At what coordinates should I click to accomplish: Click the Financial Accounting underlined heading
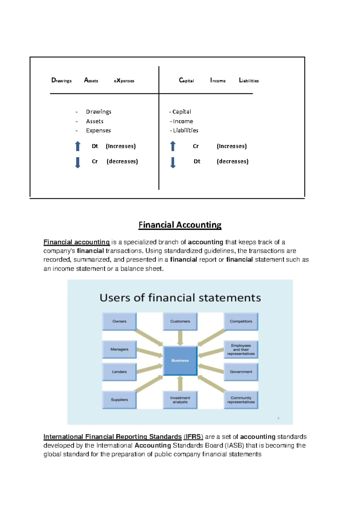180,225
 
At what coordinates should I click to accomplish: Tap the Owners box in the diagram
119,321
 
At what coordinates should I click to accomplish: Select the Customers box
180,321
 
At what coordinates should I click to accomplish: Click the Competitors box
241,321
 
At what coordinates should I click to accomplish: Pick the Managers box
119,349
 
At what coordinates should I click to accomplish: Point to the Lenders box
119,372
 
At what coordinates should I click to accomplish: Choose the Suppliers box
119,400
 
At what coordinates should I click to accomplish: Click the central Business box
180,360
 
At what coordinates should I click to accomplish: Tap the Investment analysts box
180,400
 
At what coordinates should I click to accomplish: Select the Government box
241,372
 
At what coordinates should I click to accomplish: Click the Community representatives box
241,400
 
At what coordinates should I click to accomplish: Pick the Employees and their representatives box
241,349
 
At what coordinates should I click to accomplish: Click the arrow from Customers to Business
180,338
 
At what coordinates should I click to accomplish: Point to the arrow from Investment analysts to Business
180,383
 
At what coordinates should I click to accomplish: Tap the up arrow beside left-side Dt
78,146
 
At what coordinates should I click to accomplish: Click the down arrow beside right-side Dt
173,162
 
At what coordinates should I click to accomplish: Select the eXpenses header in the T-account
124,80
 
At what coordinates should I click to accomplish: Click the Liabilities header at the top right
249,80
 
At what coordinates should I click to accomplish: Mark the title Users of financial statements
180,298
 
